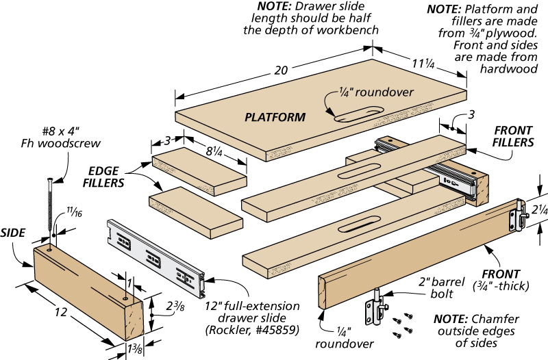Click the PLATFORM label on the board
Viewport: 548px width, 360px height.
275,117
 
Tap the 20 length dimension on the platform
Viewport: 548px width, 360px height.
281,70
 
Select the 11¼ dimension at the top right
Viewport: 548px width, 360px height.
423,64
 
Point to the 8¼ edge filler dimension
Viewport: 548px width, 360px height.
214,151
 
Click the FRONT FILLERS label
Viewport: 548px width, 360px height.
513,136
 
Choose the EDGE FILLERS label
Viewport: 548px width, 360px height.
103,177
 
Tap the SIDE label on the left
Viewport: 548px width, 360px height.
13,233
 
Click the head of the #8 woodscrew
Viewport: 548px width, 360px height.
50,180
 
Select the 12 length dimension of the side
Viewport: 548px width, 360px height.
60,311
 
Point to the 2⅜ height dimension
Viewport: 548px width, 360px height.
175,307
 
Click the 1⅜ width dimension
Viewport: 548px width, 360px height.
134,348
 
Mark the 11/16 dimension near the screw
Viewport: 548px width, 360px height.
74,212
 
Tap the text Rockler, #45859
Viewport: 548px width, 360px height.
252,330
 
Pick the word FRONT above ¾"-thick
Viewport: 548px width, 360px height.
501,274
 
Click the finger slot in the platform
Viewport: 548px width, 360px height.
359,114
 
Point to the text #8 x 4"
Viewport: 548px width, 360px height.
60,131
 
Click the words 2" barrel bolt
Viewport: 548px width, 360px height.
442,287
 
